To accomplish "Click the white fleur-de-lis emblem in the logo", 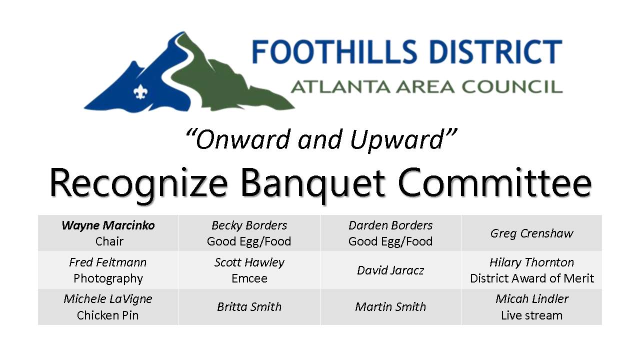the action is click(140, 92).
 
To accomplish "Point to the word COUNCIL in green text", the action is click(512, 86).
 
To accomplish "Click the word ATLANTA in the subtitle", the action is click(340, 86).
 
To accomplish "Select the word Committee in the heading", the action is click(494, 183).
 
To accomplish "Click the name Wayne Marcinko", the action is click(108, 225).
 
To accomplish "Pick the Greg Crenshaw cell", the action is click(531, 233).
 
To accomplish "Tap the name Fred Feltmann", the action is click(107, 262).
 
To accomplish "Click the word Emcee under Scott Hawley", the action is click(249, 278).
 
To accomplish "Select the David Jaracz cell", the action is click(390, 270).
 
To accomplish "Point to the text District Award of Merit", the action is click(531, 278).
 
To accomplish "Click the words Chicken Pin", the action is click(107, 315).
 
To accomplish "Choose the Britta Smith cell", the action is click(249, 307).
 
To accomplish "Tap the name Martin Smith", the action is click(390, 307).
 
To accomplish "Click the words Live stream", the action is click(531, 315).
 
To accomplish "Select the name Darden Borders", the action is click(390, 225).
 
